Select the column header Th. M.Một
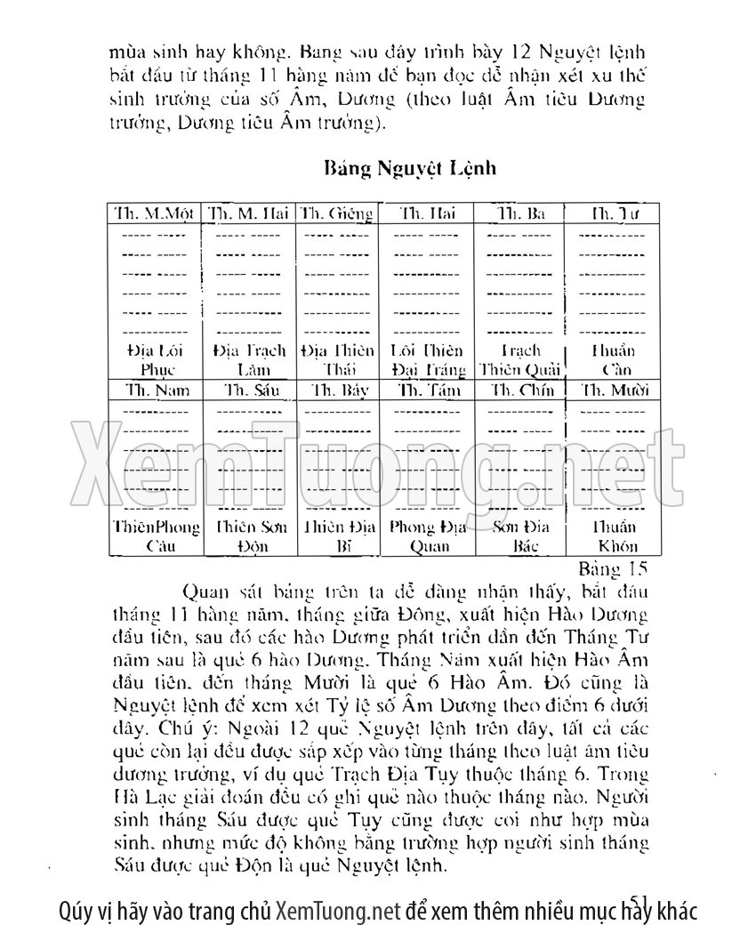pos(154,213)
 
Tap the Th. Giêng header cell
pos(337,213)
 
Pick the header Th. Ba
pos(521,213)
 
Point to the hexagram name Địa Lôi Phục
pos(156,359)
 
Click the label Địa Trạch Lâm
pos(250,359)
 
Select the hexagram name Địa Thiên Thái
pos(338,359)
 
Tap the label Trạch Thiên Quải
pos(520,359)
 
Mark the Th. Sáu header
pos(250,390)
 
